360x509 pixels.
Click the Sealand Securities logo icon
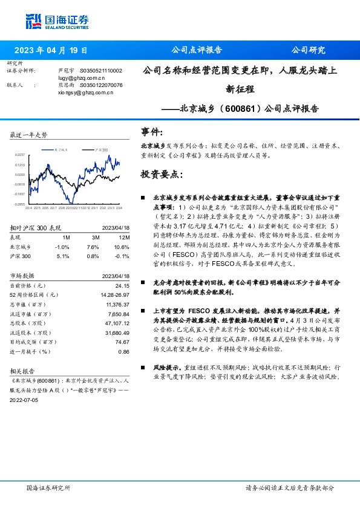click(x=34, y=21)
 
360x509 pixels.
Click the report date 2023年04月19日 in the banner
click(x=50, y=50)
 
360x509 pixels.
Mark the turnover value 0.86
click(x=124, y=351)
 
